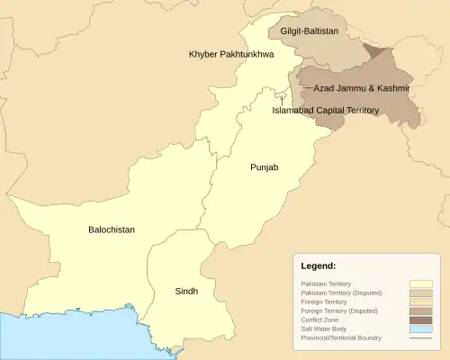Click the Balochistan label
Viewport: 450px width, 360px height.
[x=112, y=229]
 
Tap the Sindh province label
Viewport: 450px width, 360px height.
[x=186, y=292]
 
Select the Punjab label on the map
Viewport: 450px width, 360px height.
[x=265, y=167]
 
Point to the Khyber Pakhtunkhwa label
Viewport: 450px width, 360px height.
[x=231, y=55]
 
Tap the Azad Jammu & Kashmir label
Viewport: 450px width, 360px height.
[x=362, y=89]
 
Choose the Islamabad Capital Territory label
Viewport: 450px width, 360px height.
[x=326, y=111]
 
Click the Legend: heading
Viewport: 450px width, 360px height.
[x=318, y=266]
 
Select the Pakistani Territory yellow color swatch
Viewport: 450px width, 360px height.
[x=420, y=283]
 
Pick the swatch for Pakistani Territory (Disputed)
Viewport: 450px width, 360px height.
[x=420, y=292]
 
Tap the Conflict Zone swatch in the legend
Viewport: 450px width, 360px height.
[x=420, y=319]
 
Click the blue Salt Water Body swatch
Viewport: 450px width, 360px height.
[x=420, y=328]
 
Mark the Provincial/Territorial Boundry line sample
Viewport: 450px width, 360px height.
[x=420, y=337]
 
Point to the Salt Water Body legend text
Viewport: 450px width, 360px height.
[x=324, y=328]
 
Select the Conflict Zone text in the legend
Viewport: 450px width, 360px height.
[x=319, y=319]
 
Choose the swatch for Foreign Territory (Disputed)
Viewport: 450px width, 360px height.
[x=420, y=310]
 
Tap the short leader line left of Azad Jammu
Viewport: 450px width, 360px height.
[x=308, y=88]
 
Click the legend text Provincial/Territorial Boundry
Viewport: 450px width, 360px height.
[x=343, y=337]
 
